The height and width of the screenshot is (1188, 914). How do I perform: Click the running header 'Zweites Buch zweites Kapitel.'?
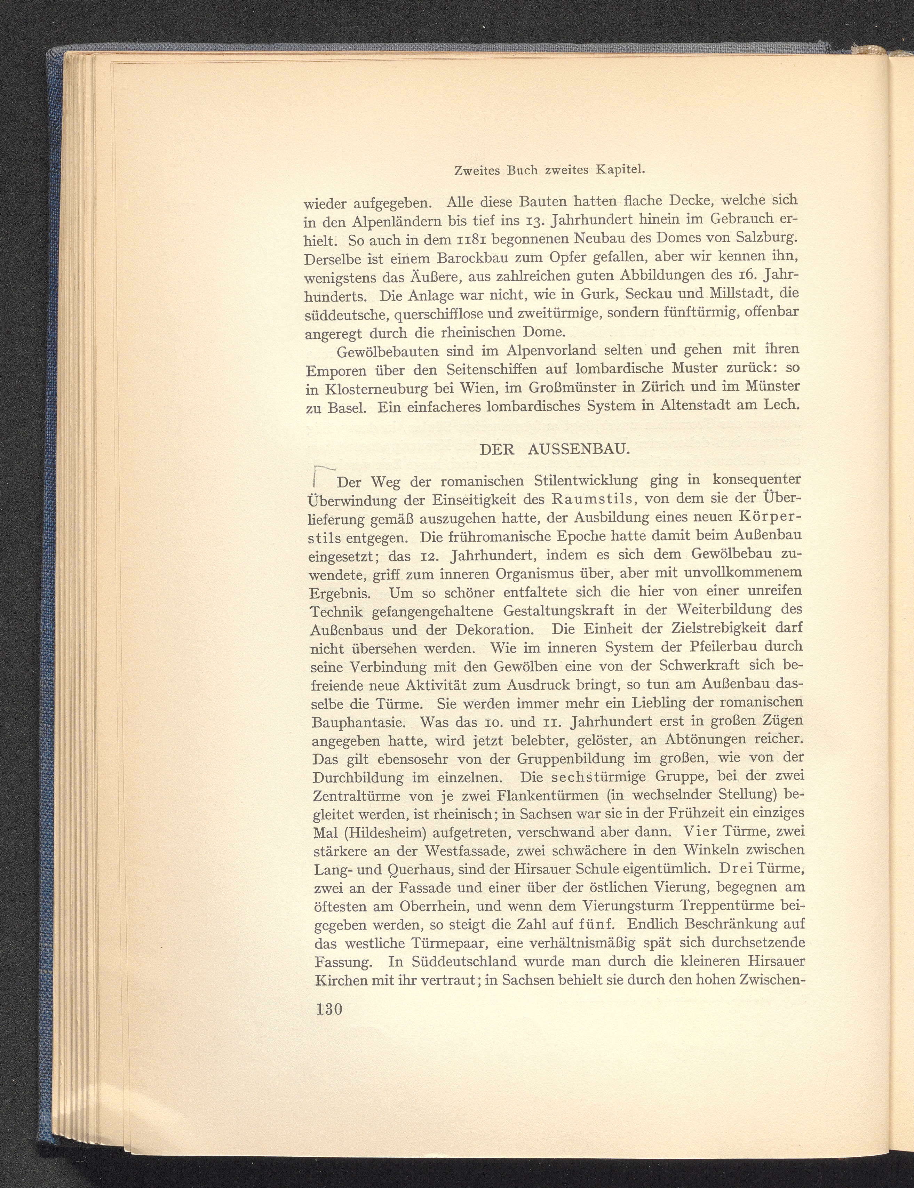[x=549, y=170]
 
